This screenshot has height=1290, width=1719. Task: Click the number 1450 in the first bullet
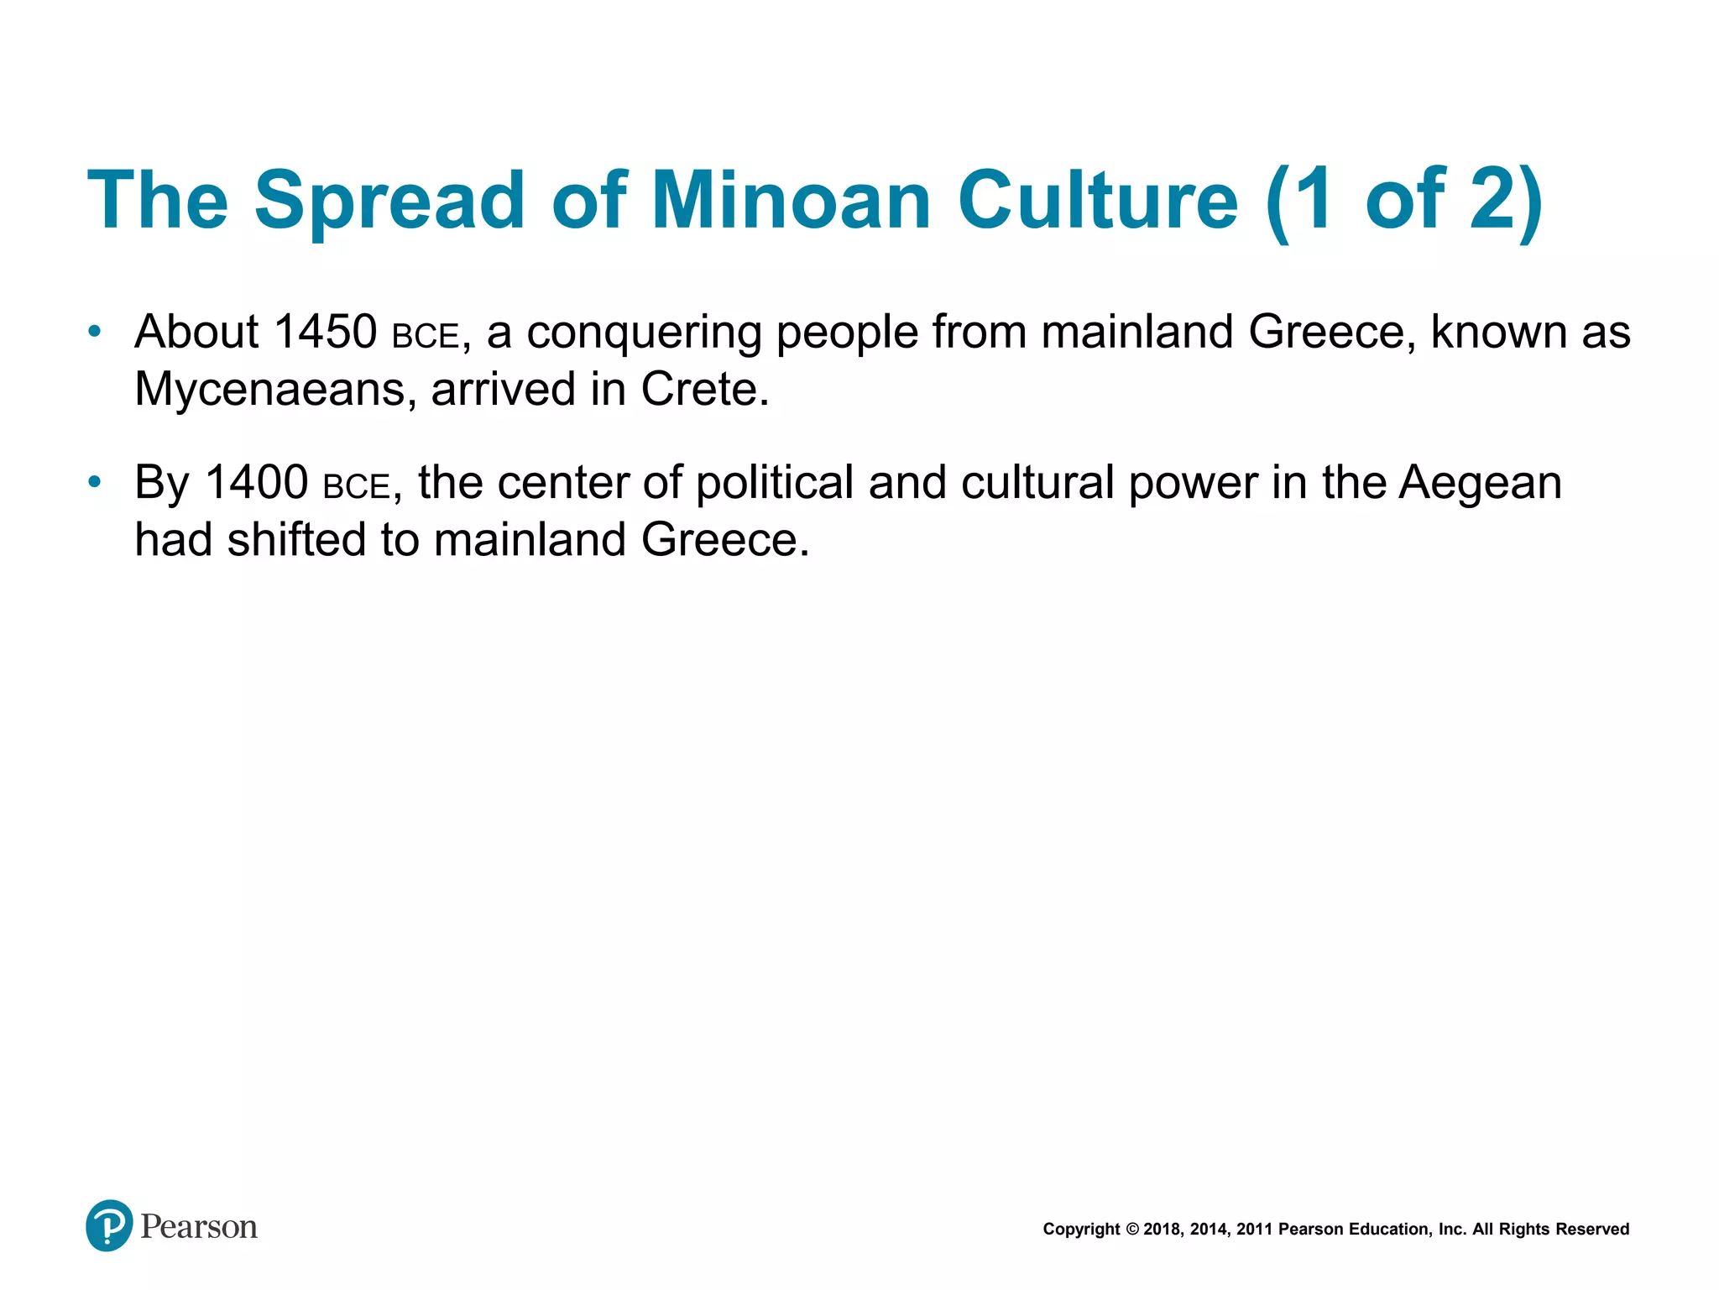[325, 332]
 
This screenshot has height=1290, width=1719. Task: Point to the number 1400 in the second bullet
[256, 482]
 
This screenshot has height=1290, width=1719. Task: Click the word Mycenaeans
[269, 389]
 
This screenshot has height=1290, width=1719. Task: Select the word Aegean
[1479, 484]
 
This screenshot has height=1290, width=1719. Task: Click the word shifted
[296, 539]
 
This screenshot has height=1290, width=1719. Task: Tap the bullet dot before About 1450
[95, 332]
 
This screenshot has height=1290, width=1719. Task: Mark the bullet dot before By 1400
[95, 482]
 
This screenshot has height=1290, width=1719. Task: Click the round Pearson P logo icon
[109, 1225]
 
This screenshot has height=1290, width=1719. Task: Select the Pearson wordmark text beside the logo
[199, 1227]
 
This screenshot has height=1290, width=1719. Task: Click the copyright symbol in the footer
[1132, 1230]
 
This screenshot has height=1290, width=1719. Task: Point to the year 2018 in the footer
[1163, 1230]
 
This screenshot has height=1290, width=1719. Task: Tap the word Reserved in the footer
[1592, 1230]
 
